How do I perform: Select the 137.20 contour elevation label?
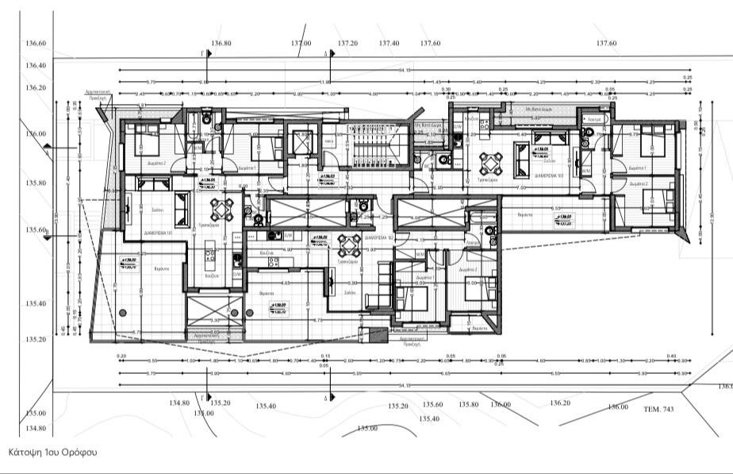[x=347, y=43]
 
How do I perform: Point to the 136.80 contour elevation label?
[x=221, y=43]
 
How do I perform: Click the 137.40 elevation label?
[x=389, y=43]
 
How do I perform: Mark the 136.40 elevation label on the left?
[x=36, y=66]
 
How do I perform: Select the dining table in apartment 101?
[x=222, y=208]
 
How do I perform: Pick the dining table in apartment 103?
[x=490, y=163]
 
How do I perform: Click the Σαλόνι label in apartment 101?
[x=157, y=209]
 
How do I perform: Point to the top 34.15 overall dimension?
[x=405, y=71]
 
